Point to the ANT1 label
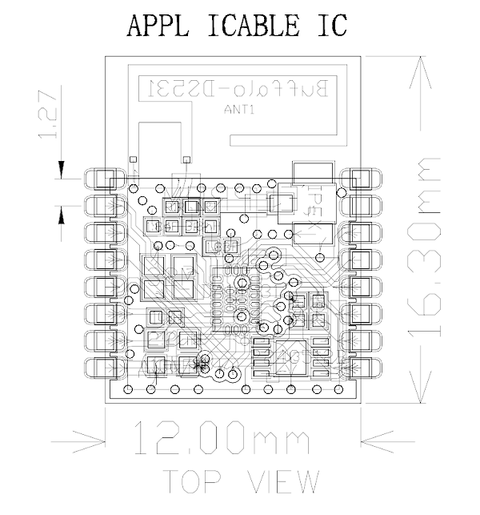[x=238, y=111]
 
